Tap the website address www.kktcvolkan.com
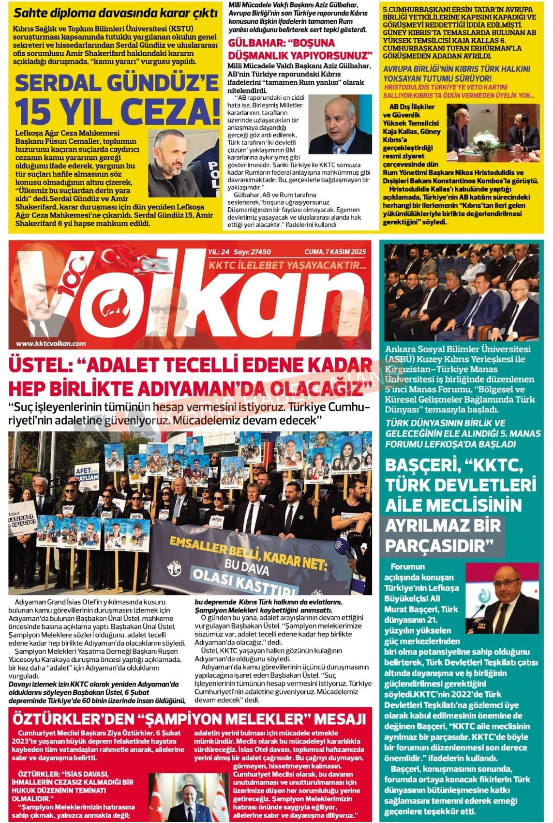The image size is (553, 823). click(x=51, y=343)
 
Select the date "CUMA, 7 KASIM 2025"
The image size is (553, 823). click(x=335, y=252)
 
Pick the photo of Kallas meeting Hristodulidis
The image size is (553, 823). click(x=493, y=129)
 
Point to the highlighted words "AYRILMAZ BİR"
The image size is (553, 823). click(x=443, y=526)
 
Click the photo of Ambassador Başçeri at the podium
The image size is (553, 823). click(x=501, y=598)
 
